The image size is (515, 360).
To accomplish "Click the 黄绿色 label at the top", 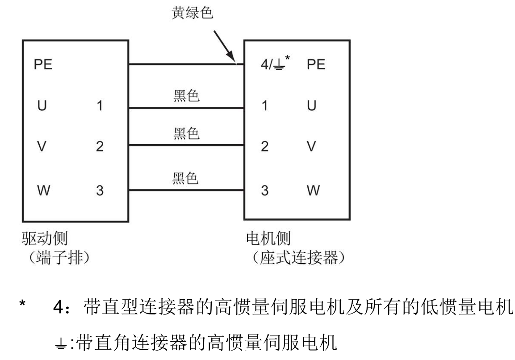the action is (192, 13).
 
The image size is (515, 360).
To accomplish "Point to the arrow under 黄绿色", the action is (225, 46).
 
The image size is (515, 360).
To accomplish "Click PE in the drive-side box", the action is (43, 64).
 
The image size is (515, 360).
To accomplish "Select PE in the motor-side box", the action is (316, 64).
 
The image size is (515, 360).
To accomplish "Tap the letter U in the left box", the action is (42, 106).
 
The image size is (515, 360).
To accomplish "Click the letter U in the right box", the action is (312, 106).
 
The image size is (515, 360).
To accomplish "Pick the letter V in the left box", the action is (42, 146).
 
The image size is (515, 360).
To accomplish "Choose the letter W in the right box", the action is (314, 191).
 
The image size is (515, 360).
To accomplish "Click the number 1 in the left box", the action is (100, 106).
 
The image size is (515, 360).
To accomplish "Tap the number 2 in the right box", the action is (265, 146).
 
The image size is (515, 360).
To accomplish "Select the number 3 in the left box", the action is (100, 191).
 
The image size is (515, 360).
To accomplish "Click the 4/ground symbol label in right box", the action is (275, 63).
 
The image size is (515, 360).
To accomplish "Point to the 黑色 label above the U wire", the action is (187, 96).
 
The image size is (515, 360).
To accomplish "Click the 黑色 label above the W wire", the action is (185, 178).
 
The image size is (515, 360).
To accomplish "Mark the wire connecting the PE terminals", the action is (186, 64).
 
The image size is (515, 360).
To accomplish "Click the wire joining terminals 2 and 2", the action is (186, 145).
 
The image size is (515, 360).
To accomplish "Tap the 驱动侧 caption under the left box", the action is (45, 239).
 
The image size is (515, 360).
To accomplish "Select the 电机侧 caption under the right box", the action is (268, 239).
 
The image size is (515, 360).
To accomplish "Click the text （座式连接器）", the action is (298, 258).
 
